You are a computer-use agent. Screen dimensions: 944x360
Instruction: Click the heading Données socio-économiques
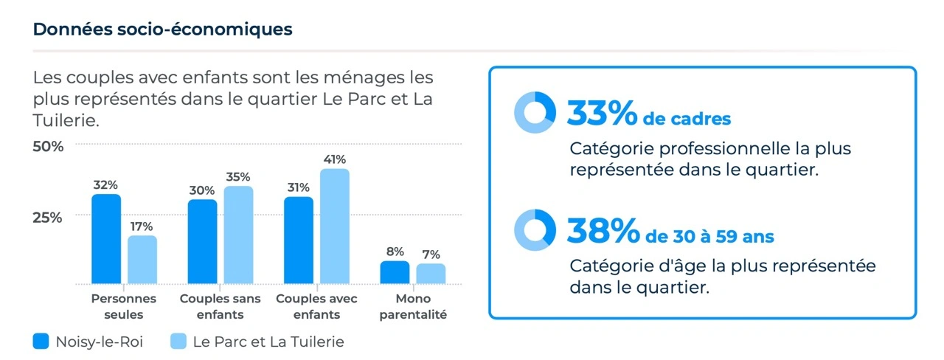pos(163,30)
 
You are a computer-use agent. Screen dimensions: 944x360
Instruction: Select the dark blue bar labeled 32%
pos(106,239)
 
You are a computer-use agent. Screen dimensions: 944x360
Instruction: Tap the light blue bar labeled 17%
pos(142,260)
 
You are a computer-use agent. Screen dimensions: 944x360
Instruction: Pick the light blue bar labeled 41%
pos(335,226)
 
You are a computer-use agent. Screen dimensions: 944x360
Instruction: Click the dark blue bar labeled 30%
pos(202,241)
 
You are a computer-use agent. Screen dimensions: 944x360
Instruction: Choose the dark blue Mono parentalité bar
pos(395,272)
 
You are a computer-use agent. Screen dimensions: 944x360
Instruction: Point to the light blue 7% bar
pos(431,274)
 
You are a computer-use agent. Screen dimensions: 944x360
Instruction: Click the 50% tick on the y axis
pos(48,146)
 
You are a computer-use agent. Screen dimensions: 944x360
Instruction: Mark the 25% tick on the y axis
pos(47,218)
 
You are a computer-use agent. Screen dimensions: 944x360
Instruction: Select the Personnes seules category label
pos(123,306)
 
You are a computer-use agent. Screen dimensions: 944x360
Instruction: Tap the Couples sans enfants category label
pos(220,306)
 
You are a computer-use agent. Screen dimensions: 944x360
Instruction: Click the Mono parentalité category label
pos(413,306)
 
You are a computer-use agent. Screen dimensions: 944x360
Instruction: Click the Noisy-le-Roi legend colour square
pos(41,341)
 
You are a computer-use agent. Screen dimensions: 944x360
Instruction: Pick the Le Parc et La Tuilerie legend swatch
pos(178,341)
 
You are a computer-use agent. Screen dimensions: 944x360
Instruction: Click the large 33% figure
pos(602,113)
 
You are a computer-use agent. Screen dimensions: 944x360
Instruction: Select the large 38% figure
pos(603,231)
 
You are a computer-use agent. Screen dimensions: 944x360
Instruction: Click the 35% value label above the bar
pos(238,176)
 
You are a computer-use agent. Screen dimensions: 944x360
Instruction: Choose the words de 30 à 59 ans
pos(709,237)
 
